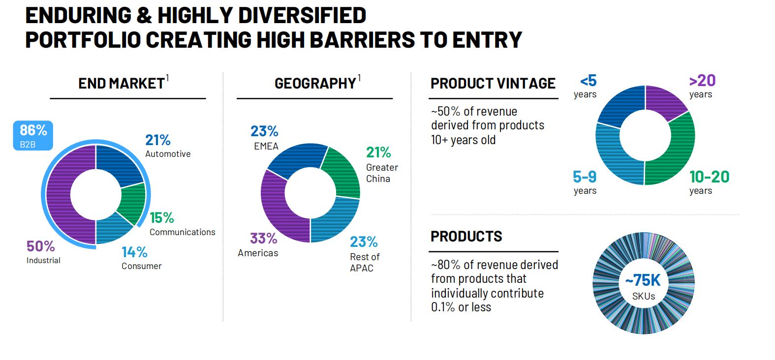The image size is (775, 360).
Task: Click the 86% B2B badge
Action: point(33,135)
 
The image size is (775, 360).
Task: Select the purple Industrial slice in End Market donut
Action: point(59,194)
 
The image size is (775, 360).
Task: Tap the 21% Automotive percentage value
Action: point(158,140)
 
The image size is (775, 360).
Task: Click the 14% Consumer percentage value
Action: point(135,252)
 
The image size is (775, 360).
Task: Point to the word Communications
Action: point(183,232)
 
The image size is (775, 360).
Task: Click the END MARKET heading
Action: point(122,83)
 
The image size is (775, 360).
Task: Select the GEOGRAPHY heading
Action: point(315,83)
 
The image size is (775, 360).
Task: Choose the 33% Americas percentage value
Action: point(264,238)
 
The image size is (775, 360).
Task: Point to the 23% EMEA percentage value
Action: point(264,131)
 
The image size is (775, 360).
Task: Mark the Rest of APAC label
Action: point(365,263)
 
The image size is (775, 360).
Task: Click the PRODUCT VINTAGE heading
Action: point(493,83)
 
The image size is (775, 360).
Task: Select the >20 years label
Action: point(702,86)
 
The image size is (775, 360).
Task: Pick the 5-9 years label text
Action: point(585,182)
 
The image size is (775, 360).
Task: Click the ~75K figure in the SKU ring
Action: point(643,280)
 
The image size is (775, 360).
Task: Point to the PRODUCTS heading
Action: point(466,237)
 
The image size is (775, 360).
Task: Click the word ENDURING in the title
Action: point(79,15)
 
